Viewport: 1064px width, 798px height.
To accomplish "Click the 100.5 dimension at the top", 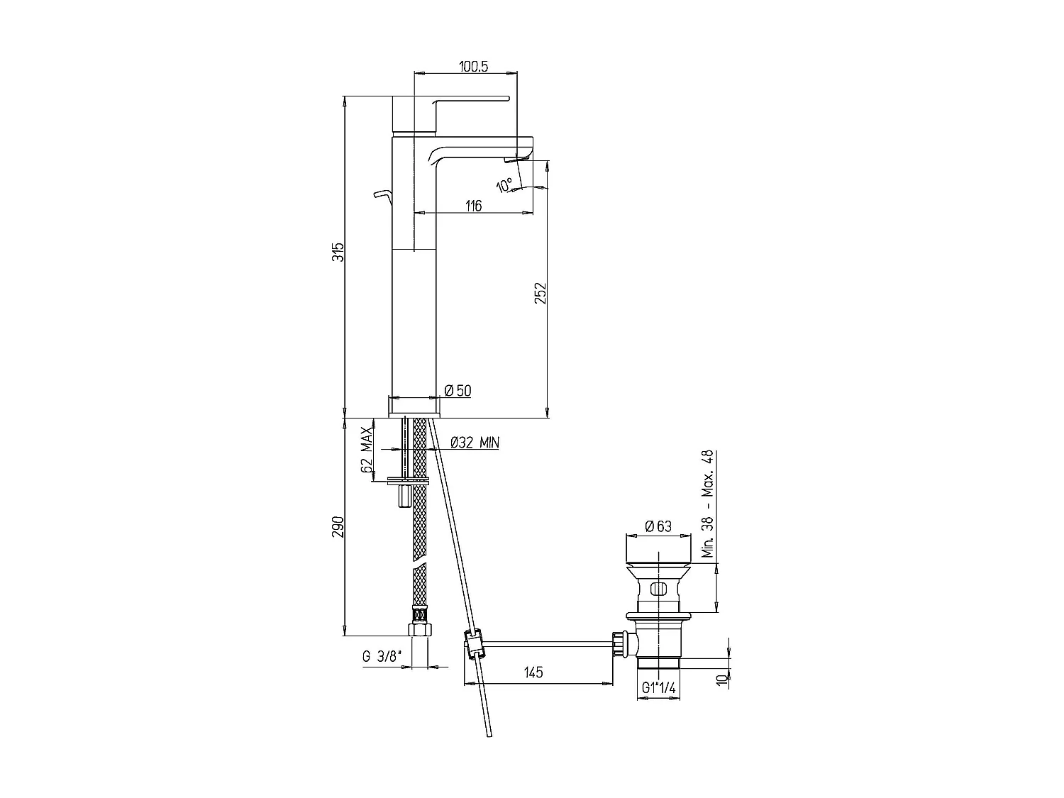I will pyautogui.click(x=473, y=66).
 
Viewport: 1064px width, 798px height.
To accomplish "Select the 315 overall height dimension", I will pyautogui.click(x=339, y=252).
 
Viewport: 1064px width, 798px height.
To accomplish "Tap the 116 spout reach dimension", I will pyautogui.click(x=473, y=206).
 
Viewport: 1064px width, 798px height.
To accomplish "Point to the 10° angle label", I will pyautogui.click(x=504, y=186).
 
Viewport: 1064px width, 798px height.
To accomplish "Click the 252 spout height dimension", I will pyautogui.click(x=540, y=294).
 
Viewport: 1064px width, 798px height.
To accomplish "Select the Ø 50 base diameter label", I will pyautogui.click(x=458, y=390).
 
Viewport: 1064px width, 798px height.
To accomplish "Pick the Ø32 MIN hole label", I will pyautogui.click(x=475, y=443).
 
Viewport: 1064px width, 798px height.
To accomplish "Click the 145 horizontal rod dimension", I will pyautogui.click(x=533, y=672).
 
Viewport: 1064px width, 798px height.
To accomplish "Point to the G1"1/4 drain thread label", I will pyautogui.click(x=658, y=687).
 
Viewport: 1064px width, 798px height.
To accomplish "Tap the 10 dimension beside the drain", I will pyautogui.click(x=721, y=679).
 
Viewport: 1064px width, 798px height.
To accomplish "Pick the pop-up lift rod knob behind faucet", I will pyautogui.click(x=382, y=193).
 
